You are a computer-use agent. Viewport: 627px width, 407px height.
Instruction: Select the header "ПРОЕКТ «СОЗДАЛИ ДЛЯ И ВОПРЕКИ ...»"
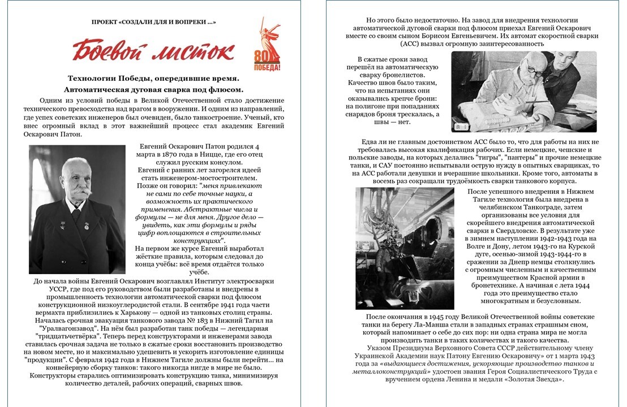click(153, 22)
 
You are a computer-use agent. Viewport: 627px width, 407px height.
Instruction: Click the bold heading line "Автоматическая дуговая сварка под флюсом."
click(153, 89)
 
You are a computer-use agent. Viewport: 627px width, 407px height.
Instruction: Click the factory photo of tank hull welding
click(404, 249)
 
